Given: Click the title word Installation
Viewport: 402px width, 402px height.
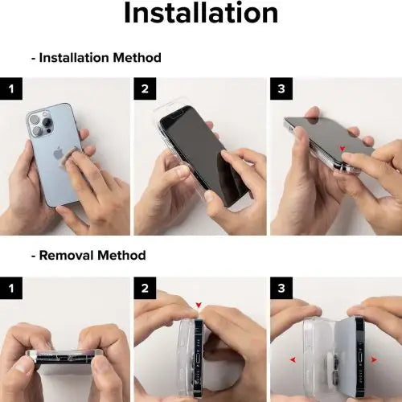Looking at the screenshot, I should coord(201,14).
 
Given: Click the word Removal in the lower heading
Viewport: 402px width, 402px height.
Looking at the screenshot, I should coord(69,255).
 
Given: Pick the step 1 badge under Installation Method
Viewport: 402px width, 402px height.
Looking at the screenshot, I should coord(10,88).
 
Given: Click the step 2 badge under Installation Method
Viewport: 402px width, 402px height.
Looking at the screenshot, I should coord(145,88).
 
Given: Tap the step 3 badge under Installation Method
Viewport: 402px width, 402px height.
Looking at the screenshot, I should coord(280,88).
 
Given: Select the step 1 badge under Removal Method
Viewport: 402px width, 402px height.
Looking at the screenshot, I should coord(10,287).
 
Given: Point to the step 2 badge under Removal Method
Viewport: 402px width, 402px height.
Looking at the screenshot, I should coord(145,287).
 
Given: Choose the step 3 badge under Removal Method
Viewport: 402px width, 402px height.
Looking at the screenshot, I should coord(280,287).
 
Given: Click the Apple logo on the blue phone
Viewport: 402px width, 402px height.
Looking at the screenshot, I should coord(58,153).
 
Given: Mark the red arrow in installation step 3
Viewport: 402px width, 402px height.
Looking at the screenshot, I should coord(343,149).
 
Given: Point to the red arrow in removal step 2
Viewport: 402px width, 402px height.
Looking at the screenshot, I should coord(199,305).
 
